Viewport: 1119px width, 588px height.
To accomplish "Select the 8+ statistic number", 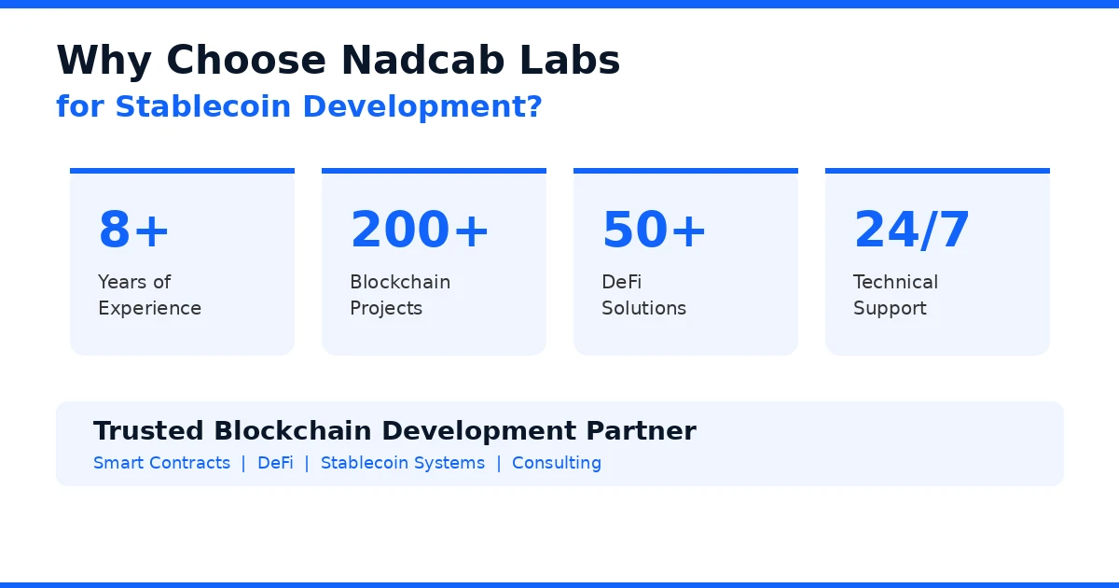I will coord(134,230).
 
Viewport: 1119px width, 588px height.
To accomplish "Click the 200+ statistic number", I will coord(420,230).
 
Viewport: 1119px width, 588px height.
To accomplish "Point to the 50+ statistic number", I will coord(655,230).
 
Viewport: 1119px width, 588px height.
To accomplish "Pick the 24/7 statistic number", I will coord(912,230).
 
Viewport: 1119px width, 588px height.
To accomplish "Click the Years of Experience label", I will coord(149,295).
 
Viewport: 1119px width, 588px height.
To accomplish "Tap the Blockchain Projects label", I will coord(400,295).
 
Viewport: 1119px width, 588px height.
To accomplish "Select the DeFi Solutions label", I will coord(643,295).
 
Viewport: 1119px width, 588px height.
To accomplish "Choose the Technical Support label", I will coord(895,295).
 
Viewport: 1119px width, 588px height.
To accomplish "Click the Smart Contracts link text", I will coord(161,463).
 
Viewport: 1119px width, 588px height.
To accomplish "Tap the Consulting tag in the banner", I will coord(557,463).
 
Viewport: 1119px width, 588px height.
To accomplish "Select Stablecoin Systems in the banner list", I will coord(403,463).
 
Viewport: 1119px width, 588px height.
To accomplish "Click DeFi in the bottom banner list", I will coord(275,463).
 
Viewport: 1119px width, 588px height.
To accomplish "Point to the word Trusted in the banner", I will coord(148,431).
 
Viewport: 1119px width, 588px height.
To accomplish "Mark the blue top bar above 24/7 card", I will coord(937,171).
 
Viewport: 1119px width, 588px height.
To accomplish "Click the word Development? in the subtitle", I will coord(422,106).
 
